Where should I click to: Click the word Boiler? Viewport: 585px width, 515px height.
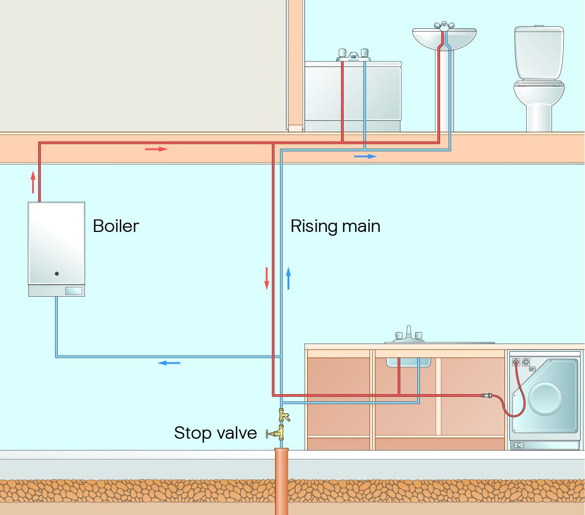click(116, 226)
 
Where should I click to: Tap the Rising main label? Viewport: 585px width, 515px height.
click(335, 226)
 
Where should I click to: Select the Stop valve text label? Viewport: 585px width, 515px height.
click(215, 433)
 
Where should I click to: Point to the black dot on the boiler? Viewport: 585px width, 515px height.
click(57, 274)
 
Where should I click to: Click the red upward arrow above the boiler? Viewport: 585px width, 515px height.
click(33, 182)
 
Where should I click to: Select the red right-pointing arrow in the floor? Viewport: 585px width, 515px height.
click(156, 149)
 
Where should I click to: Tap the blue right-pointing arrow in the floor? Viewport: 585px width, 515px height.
click(365, 156)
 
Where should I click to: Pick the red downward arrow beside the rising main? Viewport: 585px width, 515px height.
click(267, 278)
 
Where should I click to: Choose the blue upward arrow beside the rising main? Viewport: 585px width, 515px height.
click(288, 278)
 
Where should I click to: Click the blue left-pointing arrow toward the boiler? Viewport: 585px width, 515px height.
click(169, 363)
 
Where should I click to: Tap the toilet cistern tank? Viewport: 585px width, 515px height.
click(538, 52)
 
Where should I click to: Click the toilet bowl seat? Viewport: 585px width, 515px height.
click(539, 85)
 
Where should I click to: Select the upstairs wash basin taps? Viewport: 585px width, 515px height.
click(444, 26)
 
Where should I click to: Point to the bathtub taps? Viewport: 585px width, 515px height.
click(353, 54)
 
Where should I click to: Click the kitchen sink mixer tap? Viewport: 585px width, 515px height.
click(408, 333)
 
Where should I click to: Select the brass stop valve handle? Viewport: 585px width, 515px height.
click(269, 433)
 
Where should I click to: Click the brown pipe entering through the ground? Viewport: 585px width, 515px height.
click(281, 479)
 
